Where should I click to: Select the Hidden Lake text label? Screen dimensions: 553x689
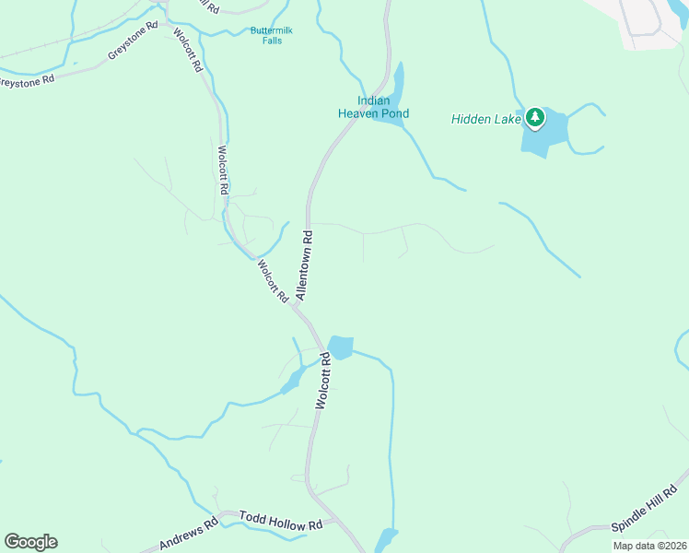[485, 118]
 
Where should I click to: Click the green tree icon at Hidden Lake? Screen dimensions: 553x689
[535, 118]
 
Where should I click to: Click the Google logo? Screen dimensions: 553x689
[30, 542]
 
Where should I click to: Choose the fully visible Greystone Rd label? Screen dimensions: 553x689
[134, 48]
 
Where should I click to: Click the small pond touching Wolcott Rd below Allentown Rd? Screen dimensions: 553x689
[340, 347]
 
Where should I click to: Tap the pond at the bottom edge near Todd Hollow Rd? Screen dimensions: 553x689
[386, 540]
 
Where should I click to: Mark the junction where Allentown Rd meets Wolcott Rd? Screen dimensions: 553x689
[296, 307]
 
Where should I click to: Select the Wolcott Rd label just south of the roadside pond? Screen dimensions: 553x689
[322, 381]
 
